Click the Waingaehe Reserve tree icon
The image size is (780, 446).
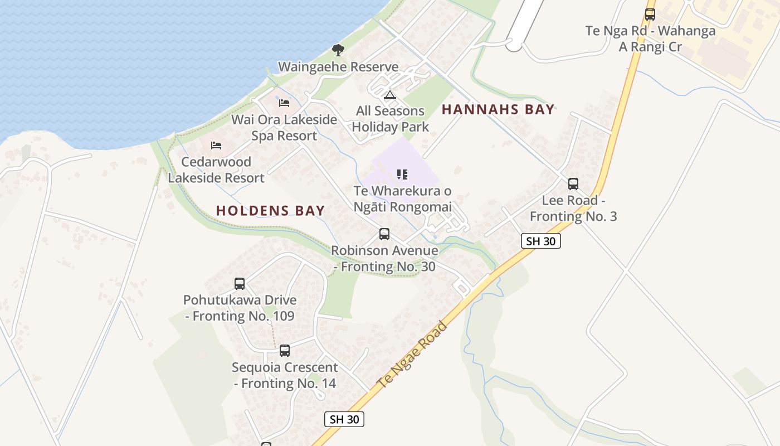tap(338, 50)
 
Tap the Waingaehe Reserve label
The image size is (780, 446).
tap(338, 67)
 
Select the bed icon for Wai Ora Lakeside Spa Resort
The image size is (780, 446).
tap(284, 103)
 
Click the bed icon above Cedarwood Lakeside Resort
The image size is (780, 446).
tap(216, 145)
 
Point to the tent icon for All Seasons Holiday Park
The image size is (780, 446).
tap(390, 94)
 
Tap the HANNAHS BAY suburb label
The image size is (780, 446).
tap(498, 109)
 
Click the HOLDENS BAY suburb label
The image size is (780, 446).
tap(270, 210)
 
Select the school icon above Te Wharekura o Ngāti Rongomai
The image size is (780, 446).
tap(402, 174)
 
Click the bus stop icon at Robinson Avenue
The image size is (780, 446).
tap(384, 234)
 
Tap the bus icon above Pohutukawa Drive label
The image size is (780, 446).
tap(240, 283)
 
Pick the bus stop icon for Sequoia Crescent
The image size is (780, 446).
tap(285, 351)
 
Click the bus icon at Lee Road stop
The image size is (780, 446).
tap(573, 183)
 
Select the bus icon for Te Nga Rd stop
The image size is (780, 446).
tap(650, 14)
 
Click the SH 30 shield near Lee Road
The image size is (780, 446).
tap(540, 241)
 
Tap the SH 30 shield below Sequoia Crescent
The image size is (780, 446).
tap(344, 419)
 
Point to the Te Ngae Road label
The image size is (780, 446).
tap(412, 355)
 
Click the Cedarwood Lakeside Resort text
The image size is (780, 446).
tap(216, 170)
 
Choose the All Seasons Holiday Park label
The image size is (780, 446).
tap(390, 119)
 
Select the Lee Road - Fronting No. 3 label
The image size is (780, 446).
tap(573, 209)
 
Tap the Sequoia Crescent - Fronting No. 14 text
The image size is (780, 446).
tap(285, 375)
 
